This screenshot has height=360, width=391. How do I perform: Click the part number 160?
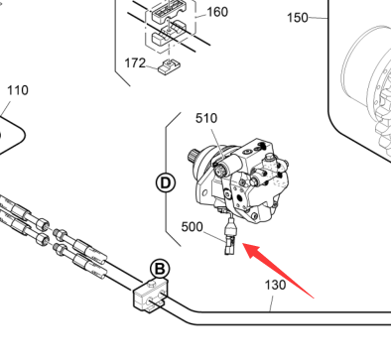coord(217,12)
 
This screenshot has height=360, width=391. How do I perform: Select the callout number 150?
coord(298,18)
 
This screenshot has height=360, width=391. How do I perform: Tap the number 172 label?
coord(135,62)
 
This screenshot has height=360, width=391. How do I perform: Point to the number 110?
coord(18,90)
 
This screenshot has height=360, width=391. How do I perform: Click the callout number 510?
coord(206,118)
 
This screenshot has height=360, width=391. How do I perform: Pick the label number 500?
coord(193,227)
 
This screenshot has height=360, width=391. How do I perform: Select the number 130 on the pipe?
coord(275,285)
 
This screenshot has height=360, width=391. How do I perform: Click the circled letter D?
coord(165,182)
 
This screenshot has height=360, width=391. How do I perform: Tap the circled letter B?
coord(160,269)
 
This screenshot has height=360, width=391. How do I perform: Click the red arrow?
coord(278,271)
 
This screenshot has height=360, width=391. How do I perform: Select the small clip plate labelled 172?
coord(169,67)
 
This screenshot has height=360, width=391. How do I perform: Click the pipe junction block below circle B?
coord(151,296)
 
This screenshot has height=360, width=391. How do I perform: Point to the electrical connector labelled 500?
coord(229,238)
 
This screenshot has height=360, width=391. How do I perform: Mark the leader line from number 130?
coord(272,303)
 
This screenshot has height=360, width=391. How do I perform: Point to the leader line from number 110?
coord(5,109)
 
